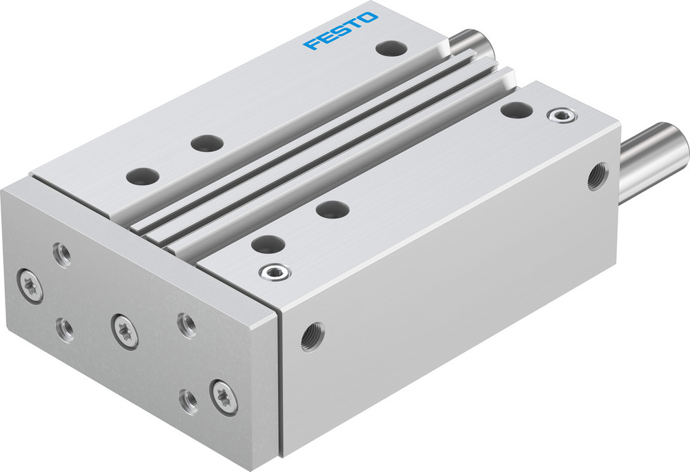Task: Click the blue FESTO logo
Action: (x=342, y=31)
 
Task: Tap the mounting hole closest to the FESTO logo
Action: (x=391, y=48)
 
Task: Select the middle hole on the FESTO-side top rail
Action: (x=206, y=144)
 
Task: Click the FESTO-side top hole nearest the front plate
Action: (x=142, y=176)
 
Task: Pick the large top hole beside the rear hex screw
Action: (x=516, y=109)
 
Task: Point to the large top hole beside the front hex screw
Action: (x=268, y=244)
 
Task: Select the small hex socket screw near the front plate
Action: (x=275, y=273)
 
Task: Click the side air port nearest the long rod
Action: (x=597, y=176)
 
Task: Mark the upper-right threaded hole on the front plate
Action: (x=186, y=324)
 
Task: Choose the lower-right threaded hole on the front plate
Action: (x=188, y=400)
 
